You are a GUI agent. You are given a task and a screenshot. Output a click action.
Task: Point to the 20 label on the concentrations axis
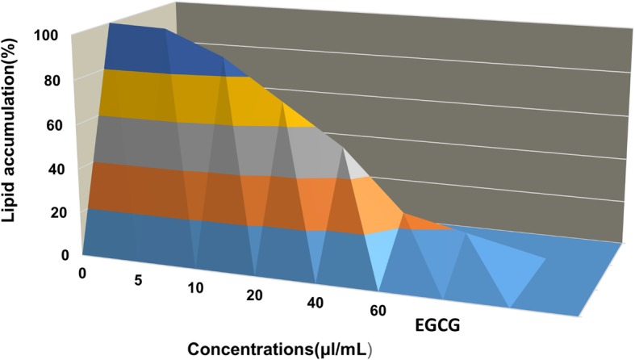click(254, 295)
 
